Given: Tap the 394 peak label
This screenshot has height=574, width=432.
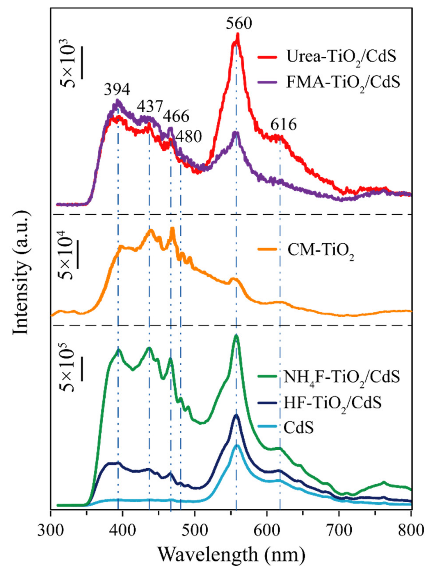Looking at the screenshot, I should tap(117, 90).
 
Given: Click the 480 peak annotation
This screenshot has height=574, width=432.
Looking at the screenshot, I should tap(188, 136).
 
